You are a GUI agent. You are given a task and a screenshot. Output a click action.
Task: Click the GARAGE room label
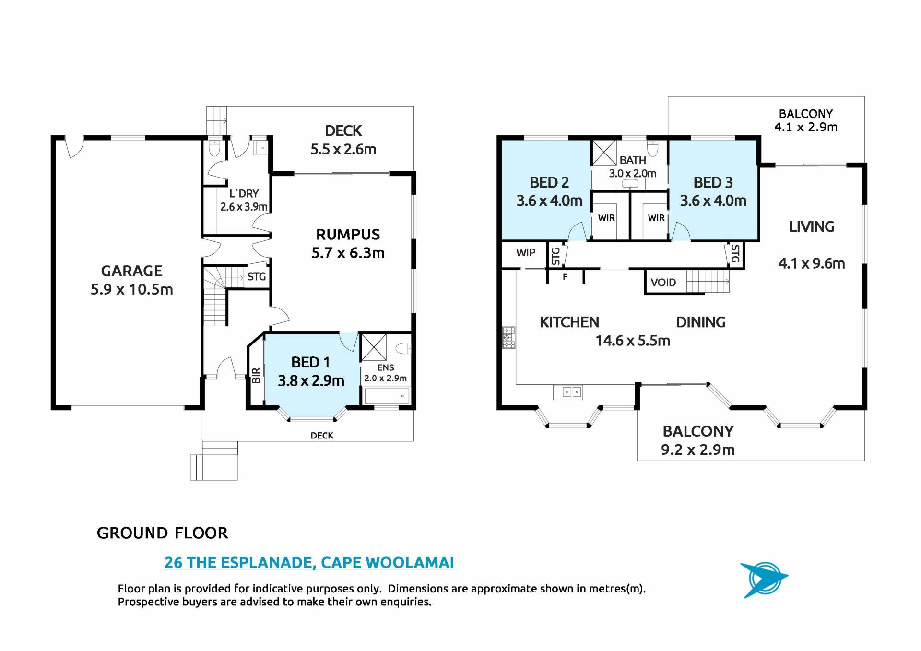click(x=132, y=271)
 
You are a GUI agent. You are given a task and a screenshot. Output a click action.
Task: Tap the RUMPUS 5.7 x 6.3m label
click(x=348, y=244)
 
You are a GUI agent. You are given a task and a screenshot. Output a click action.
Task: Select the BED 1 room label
click(x=310, y=362)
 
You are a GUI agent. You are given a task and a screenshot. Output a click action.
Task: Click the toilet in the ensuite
click(x=405, y=348)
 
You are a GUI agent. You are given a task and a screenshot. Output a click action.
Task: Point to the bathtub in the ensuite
click(x=387, y=396)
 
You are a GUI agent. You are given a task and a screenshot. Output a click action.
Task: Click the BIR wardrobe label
click(x=256, y=375)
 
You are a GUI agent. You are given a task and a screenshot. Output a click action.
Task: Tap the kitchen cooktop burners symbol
click(x=508, y=337)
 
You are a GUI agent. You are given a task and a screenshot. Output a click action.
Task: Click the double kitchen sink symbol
click(x=567, y=392)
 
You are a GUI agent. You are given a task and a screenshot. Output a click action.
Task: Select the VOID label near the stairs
click(x=663, y=283)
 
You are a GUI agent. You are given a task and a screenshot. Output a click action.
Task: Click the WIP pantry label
click(x=526, y=253)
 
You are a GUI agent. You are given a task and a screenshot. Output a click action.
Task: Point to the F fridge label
click(x=565, y=277)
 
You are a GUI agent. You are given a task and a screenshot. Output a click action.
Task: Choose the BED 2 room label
click(x=549, y=183)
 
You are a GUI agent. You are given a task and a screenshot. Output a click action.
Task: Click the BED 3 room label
click(x=713, y=183)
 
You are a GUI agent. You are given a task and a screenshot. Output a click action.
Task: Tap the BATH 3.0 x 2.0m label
click(x=633, y=167)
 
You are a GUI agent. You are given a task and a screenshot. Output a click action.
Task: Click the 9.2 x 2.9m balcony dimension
click(x=698, y=450)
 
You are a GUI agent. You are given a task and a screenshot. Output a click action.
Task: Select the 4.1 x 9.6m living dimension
click(x=812, y=263)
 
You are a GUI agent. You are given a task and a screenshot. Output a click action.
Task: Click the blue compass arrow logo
click(x=763, y=580)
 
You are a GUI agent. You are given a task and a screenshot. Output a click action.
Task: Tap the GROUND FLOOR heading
click(x=163, y=533)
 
